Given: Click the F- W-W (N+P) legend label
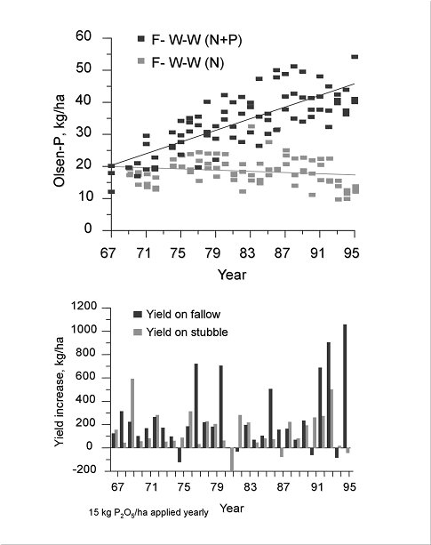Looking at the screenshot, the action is tap(196, 40).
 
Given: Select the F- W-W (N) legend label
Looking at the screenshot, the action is tap(188, 62).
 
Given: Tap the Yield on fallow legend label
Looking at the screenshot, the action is tap(183, 314).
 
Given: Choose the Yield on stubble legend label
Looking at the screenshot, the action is tap(187, 332).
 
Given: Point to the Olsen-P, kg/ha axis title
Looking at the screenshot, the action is tap(60, 140).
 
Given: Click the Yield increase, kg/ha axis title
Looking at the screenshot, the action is tap(60, 392).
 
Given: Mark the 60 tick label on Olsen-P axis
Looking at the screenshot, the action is tap(84, 36).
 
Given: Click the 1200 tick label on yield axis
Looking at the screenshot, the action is tap(84, 306).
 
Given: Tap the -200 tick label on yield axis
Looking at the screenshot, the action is tap(84, 469).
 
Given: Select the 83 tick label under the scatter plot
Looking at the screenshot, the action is tap(247, 252).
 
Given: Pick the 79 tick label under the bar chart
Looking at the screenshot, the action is tap(217, 487).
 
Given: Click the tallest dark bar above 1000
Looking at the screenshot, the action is tap(345, 386).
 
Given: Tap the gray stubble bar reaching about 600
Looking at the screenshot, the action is tap(132, 413).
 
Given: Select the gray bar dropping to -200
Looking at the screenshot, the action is tap(232, 459).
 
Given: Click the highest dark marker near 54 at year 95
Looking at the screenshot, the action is tap(355, 57).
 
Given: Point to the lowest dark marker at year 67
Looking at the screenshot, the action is tap(111, 191).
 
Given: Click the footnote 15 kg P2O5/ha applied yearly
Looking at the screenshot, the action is tap(148, 513).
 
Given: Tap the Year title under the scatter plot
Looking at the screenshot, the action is tap(232, 275).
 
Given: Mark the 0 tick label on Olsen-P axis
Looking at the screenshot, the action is tap(88, 228).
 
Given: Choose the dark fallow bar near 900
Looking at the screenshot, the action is tap(329, 395).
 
